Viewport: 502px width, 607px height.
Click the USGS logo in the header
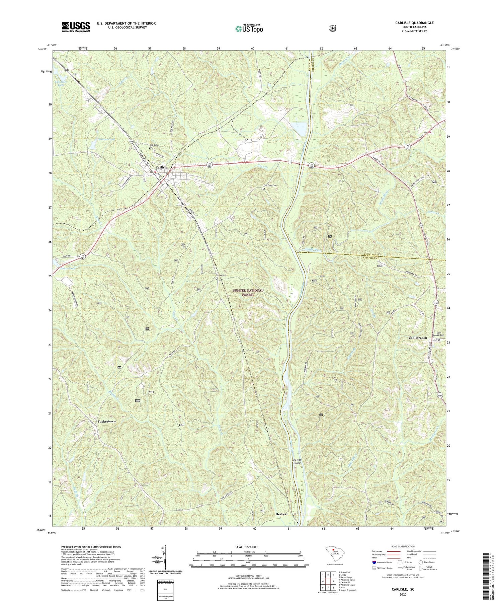pyautogui.click(x=76, y=27)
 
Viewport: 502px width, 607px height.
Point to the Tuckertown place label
pyautogui.click(x=106, y=421)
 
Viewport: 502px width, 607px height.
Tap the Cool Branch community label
pyautogui.click(x=418, y=338)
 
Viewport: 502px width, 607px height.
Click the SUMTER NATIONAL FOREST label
pyautogui.click(x=248, y=292)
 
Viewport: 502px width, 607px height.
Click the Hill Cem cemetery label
pyautogui.click(x=154, y=145)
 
